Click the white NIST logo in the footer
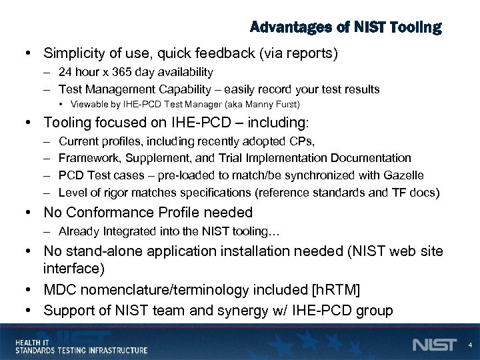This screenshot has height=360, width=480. coord(435,345)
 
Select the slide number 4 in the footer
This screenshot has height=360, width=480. coord(470,345)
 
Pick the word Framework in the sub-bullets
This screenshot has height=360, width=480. coord(85,158)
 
